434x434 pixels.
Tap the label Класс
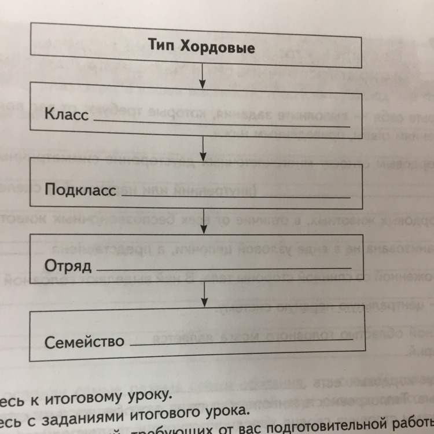(67, 114)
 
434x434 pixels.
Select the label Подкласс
(80, 190)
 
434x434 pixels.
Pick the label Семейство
(84, 341)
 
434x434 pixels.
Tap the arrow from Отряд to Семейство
(204, 296)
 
